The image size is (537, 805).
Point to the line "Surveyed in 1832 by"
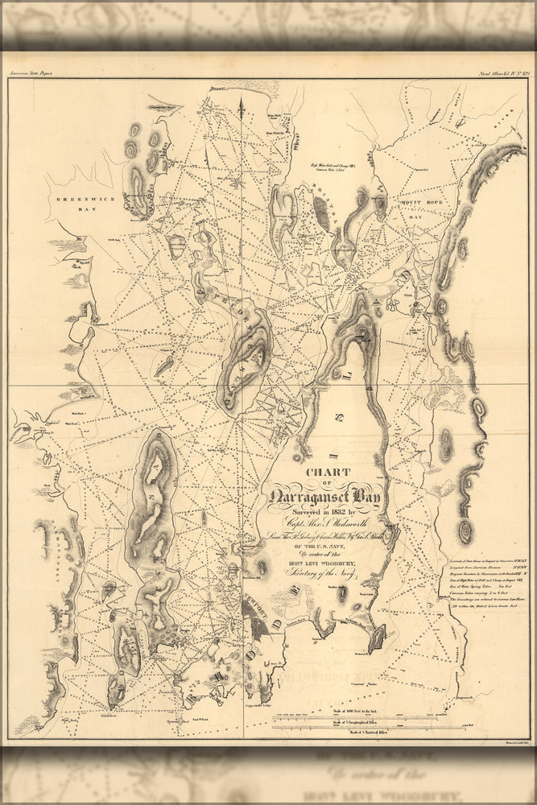[326, 511]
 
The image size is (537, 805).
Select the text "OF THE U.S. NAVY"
[325, 552]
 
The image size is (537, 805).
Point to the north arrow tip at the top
[241, 97]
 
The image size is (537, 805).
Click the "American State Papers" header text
[32, 73]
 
